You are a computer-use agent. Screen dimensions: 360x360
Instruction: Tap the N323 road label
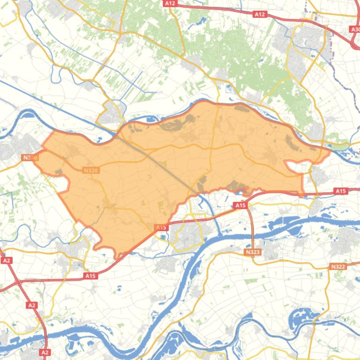[253, 252]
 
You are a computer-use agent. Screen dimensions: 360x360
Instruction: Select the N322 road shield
[338, 266]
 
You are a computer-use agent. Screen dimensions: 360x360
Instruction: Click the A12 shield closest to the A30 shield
[260, 14]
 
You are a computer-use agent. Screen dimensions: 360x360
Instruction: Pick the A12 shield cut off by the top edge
[170, 3]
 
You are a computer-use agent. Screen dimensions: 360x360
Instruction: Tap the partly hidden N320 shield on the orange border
[30, 158]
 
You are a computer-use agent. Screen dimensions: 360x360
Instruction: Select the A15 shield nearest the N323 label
[240, 205]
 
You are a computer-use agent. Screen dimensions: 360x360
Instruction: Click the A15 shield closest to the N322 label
[340, 191]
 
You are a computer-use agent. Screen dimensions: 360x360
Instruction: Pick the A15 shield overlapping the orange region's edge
[161, 228]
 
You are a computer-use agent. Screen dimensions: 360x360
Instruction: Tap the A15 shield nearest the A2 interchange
[90, 276]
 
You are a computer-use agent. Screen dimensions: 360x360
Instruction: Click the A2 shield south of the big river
[44, 352]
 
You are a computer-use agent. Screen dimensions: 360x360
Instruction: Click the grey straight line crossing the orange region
[154, 159]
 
